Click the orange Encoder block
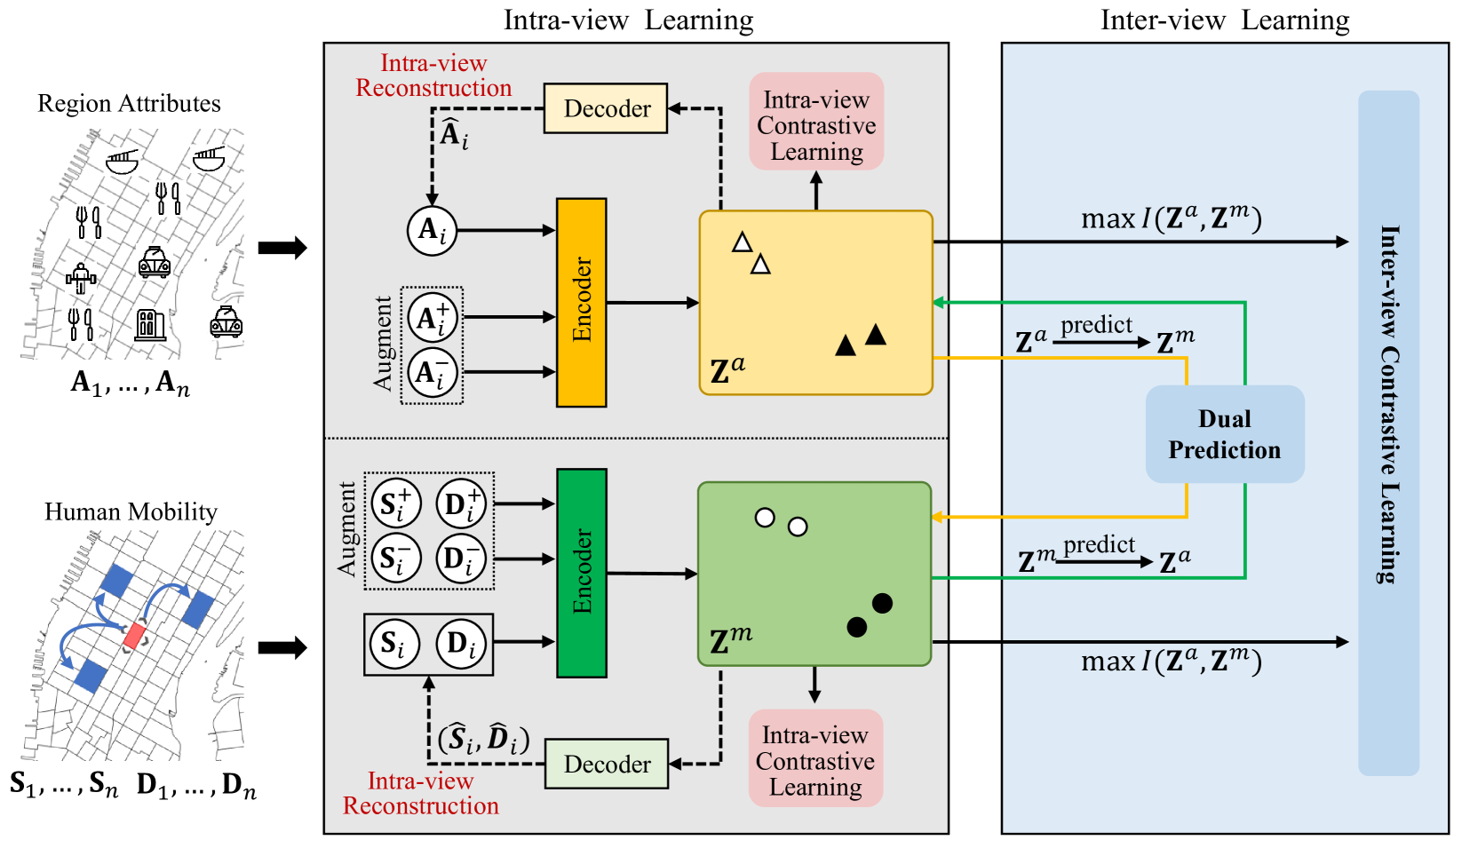point(582,303)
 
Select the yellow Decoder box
point(606,108)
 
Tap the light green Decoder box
point(607,764)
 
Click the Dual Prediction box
point(1225,434)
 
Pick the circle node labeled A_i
point(432,230)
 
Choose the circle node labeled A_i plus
point(432,318)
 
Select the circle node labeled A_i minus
point(432,372)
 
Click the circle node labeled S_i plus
point(395,503)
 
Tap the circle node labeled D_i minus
point(461,559)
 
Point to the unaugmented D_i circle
point(461,644)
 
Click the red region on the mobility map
point(134,636)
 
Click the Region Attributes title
point(129,103)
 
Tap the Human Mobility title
point(131,511)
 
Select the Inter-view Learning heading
point(1225,20)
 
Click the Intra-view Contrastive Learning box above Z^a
point(816,122)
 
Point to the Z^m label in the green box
point(730,640)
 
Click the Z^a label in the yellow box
point(727,370)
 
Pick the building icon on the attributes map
point(150,324)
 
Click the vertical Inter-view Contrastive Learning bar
point(1389,433)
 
